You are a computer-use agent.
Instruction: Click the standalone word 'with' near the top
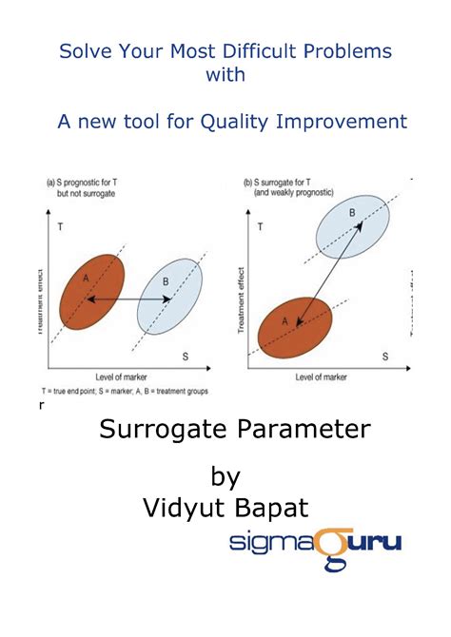(x=225, y=75)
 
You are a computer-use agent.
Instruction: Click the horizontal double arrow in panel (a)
(x=129, y=299)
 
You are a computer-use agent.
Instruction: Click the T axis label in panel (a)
(x=60, y=228)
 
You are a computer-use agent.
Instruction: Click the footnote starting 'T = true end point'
(x=125, y=391)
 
